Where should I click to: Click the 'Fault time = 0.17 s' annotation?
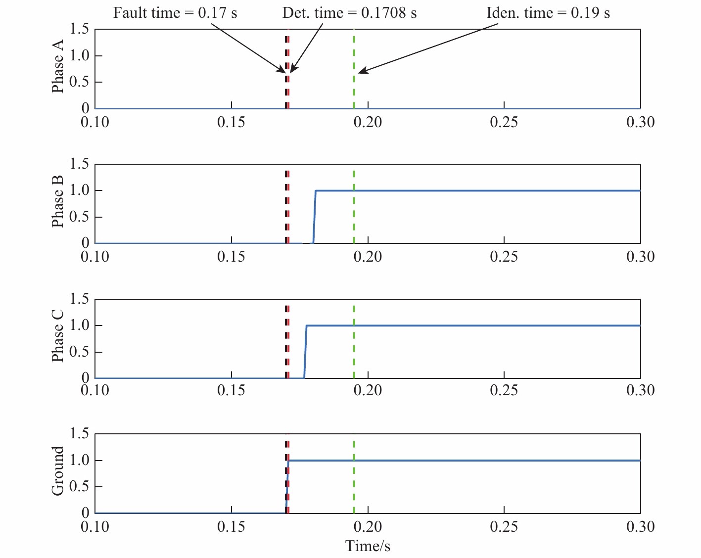175,13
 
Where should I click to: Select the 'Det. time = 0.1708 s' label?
349,13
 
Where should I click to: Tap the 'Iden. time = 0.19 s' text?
548,13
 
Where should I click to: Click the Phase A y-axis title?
58,67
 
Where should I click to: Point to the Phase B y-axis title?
58,201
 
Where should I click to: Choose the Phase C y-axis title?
58,336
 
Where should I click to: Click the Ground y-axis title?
58,470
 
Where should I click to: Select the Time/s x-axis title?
368,546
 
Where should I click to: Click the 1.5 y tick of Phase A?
79,29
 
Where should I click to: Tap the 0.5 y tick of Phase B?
79,217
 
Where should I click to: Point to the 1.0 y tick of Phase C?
79,325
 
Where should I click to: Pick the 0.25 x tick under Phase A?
504,122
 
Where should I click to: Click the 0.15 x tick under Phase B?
231,257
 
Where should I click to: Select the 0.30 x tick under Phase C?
640,391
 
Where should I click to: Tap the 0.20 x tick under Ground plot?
368,526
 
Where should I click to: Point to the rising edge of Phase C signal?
305,352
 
